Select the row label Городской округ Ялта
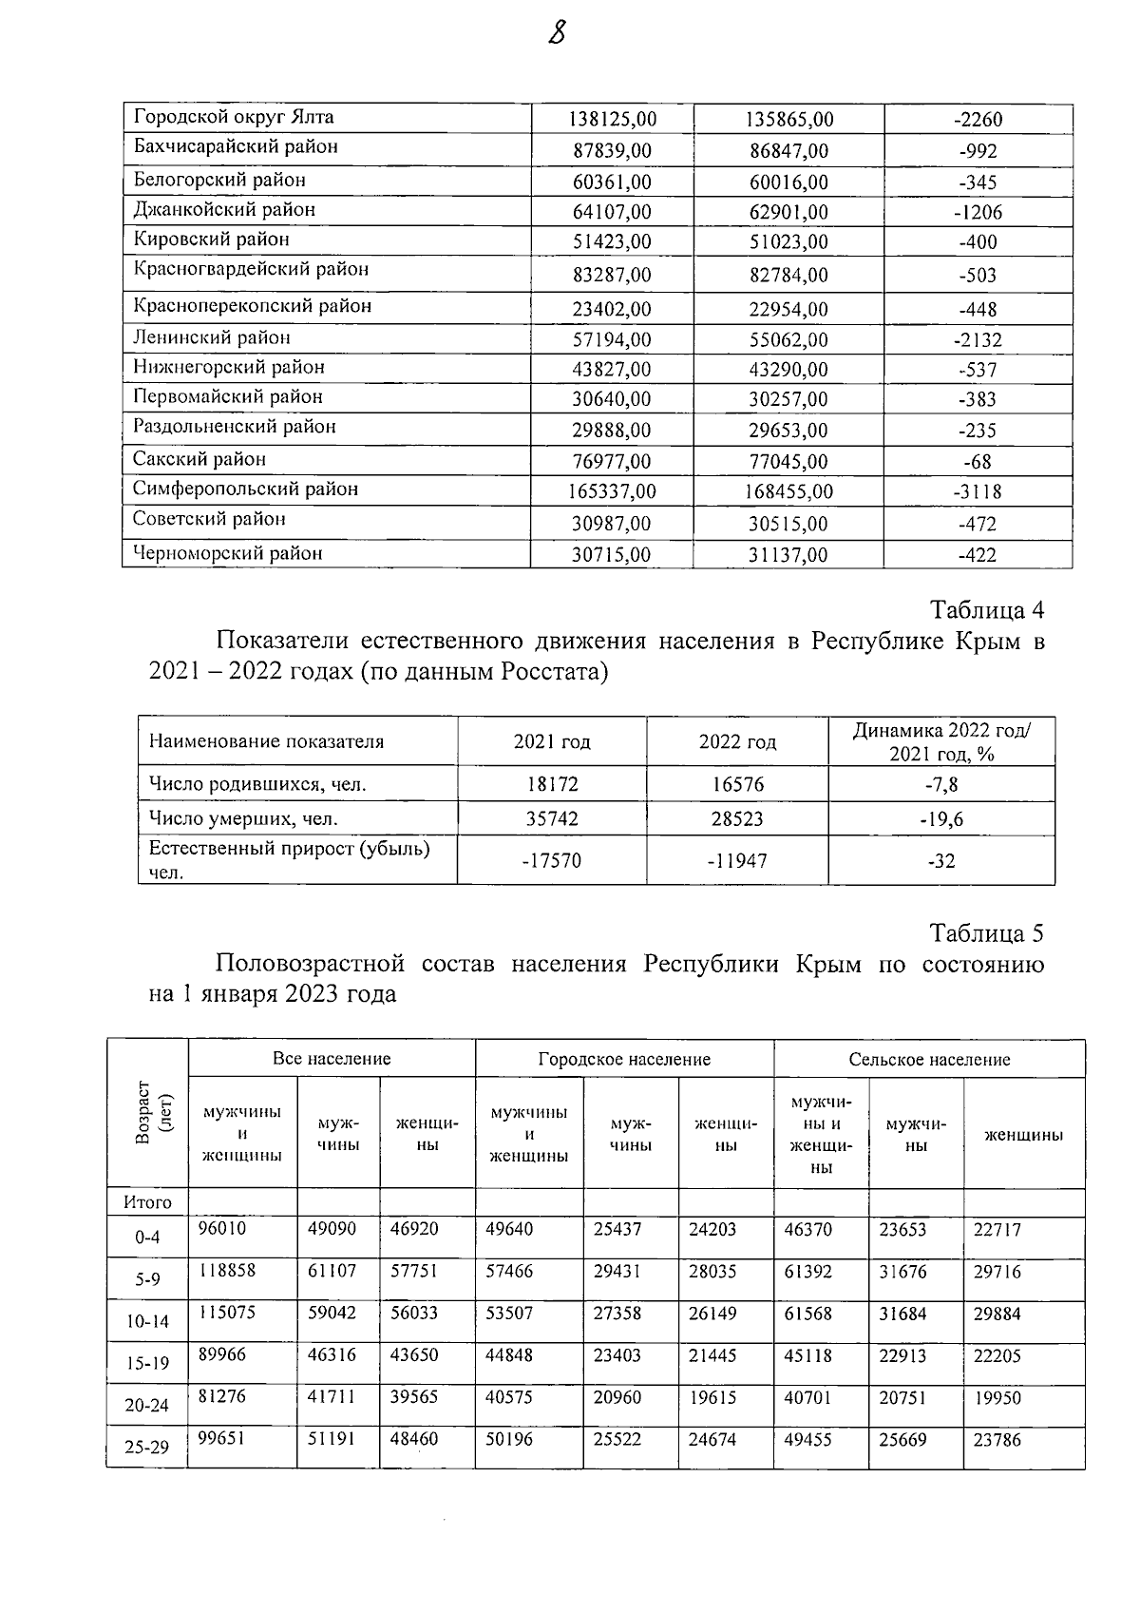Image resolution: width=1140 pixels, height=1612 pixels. [x=233, y=117]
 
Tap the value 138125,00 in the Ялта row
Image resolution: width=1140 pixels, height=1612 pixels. [x=612, y=120]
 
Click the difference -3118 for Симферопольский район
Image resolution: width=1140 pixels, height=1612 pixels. [x=978, y=492]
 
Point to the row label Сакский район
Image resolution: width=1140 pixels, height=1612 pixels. [x=199, y=459]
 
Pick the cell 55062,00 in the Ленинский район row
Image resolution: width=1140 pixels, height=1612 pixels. [x=788, y=340]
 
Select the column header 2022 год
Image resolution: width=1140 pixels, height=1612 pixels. [x=737, y=742]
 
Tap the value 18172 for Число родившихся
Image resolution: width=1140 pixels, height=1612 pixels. [x=552, y=785]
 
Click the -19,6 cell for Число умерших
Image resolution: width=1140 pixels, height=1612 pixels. [x=940, y=818]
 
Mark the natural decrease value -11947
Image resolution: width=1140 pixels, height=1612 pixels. [x=737, y=861]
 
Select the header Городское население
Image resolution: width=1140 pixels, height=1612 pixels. [x=624, y=1059]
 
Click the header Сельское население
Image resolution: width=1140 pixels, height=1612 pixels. [x=929, y=1059]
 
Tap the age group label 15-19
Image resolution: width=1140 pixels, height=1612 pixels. [x=147, y=1364]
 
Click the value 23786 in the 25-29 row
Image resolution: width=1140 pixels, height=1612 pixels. [x=997, y=1440]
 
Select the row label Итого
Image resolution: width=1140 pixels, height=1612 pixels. [x=147, y=1202]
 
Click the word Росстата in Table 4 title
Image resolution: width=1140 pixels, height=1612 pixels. [x=555, y=673]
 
